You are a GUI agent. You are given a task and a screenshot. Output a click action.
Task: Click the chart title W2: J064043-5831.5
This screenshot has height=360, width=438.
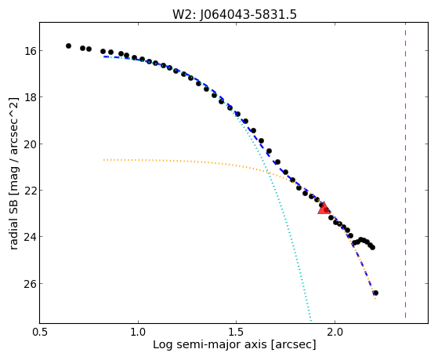234,15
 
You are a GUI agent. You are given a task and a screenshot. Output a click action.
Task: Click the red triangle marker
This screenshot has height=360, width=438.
324,209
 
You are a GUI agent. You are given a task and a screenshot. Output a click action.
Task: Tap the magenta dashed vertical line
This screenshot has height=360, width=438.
405,170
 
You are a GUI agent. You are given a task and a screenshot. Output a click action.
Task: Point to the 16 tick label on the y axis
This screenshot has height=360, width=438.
27,51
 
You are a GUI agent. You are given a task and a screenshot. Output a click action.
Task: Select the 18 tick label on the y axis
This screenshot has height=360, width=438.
27,97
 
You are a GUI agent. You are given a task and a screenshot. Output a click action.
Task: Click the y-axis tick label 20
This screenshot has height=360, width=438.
27,144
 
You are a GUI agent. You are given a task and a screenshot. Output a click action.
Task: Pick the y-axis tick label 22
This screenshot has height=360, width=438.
27,191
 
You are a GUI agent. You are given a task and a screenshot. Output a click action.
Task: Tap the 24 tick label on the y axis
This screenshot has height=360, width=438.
27,237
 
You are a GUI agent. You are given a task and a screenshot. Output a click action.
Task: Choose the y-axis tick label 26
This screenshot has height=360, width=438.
27,284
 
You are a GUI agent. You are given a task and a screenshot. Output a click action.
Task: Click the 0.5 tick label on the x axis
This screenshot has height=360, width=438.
40,332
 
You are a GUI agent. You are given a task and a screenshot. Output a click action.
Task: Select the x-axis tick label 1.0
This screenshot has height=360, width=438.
138,332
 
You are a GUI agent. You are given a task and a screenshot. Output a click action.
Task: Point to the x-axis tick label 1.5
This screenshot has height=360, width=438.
237,332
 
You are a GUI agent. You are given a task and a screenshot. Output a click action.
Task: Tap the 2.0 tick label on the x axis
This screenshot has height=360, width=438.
335,332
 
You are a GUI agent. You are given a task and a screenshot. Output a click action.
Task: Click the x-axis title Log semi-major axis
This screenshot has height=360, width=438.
210,344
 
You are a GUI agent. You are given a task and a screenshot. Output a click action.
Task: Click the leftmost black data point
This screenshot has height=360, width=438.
68,45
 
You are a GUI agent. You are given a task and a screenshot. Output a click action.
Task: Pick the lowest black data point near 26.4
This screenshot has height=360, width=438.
375,293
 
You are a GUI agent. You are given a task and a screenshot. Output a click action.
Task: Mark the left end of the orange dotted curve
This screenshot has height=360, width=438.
103,160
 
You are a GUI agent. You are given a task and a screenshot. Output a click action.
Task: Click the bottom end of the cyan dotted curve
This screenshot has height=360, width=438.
311,321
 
